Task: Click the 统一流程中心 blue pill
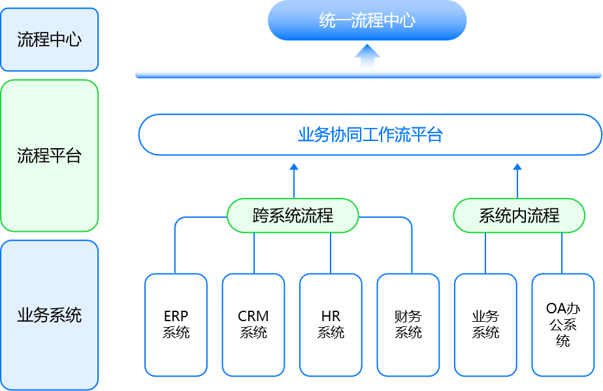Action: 367,20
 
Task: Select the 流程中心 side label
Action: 49,39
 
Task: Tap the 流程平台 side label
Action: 49,155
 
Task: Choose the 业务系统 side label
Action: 49,315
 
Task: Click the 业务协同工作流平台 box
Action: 370,135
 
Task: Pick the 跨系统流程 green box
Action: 293,215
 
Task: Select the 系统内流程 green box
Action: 519,215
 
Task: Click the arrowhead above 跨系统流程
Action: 294,167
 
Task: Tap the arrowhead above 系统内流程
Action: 518,167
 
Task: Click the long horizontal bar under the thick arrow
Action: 368,74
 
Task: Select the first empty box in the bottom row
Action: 176,333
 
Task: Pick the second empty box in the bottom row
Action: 253,333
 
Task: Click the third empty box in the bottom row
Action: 331,333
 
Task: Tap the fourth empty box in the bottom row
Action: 408,333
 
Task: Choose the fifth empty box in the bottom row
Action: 485,325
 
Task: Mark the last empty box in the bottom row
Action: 562,325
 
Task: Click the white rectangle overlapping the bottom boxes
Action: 285,282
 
